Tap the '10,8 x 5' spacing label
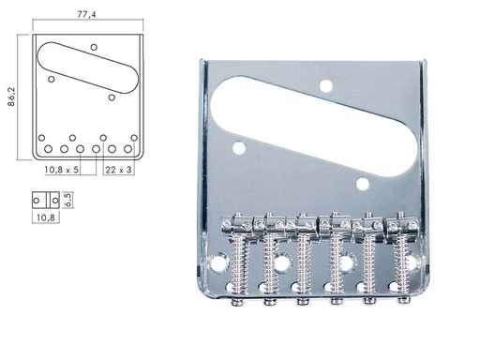61,170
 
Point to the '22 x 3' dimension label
117,170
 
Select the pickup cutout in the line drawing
84,67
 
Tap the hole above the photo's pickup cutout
326,86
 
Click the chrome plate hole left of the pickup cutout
240,146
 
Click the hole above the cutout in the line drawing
94,46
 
